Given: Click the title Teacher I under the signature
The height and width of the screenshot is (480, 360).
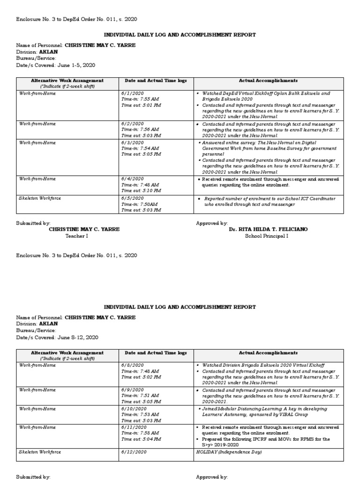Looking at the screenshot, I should (76, 236).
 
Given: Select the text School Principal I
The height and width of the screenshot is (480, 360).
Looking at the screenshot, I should (266, 236).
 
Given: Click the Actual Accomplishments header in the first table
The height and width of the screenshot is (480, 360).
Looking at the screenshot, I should (268, 81).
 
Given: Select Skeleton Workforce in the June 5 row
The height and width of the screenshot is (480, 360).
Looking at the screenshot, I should (39, 198).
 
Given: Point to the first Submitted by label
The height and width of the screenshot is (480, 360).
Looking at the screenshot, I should (33, 224).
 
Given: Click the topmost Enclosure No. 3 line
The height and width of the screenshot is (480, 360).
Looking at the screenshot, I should (77, 19).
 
